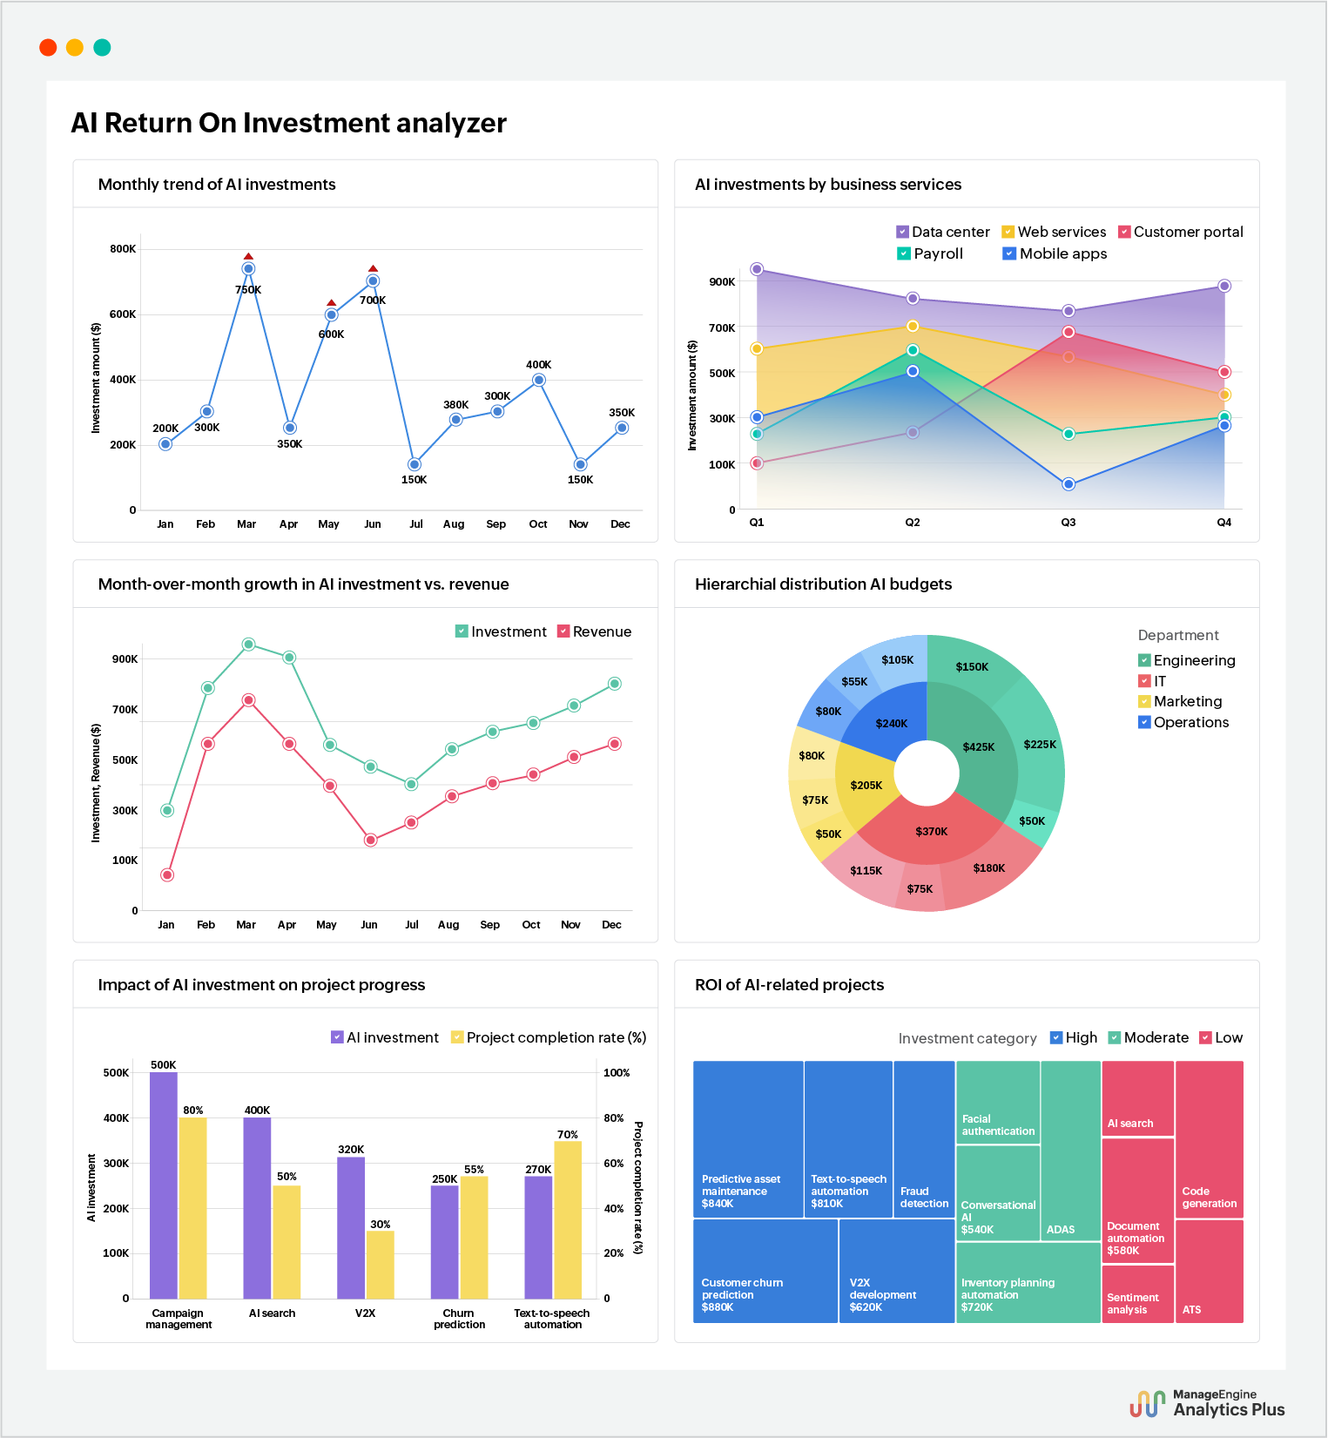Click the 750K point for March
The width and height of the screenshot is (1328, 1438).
click(248, 269)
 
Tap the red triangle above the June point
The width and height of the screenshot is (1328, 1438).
click(373, 269)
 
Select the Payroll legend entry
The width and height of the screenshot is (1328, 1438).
click(929, 253)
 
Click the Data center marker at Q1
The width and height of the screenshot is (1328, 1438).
click(757, 269)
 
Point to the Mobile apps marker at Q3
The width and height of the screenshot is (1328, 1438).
click(1068, 484)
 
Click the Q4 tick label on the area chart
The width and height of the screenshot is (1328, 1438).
click(1224, 523)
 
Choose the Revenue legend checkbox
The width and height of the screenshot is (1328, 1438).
click(563, 631)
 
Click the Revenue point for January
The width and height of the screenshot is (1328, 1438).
click(167, 874)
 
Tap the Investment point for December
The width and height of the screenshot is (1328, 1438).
click(614, 684)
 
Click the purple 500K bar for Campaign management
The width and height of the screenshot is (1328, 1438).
click(164, 1185)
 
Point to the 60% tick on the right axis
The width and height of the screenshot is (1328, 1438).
click(613, 1164)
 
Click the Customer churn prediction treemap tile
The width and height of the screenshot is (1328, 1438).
click(765, 1272)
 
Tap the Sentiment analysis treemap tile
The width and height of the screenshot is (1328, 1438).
click(1137, 1294)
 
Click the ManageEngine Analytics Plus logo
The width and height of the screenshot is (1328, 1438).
click(1207, 1402)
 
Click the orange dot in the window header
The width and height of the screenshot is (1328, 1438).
click(75, 48)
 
